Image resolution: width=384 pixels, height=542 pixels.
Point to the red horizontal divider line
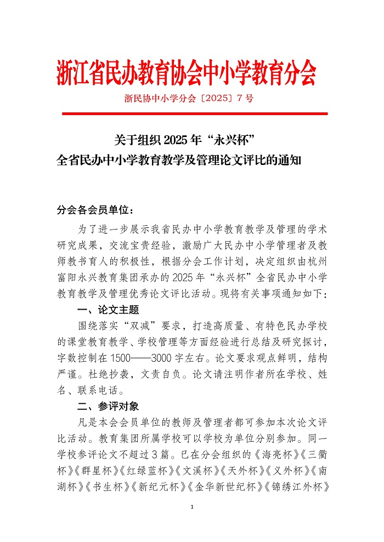pos(194,113)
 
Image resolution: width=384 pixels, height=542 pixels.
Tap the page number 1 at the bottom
pos(192,506)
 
